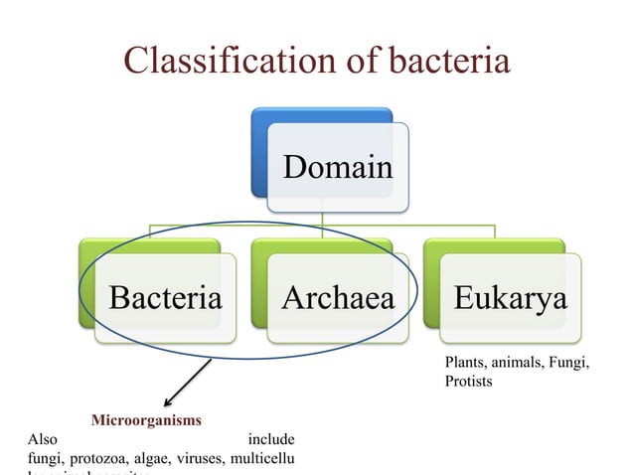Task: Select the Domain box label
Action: [x=337, y=166]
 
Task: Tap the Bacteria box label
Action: [x=165, y=297]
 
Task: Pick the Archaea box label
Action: [x=337, y=297]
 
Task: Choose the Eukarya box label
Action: [x=510, y=297]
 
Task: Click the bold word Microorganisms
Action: [x=146, y=420]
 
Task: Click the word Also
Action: [x=45, y=439]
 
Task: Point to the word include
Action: [x=271, y=439]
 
